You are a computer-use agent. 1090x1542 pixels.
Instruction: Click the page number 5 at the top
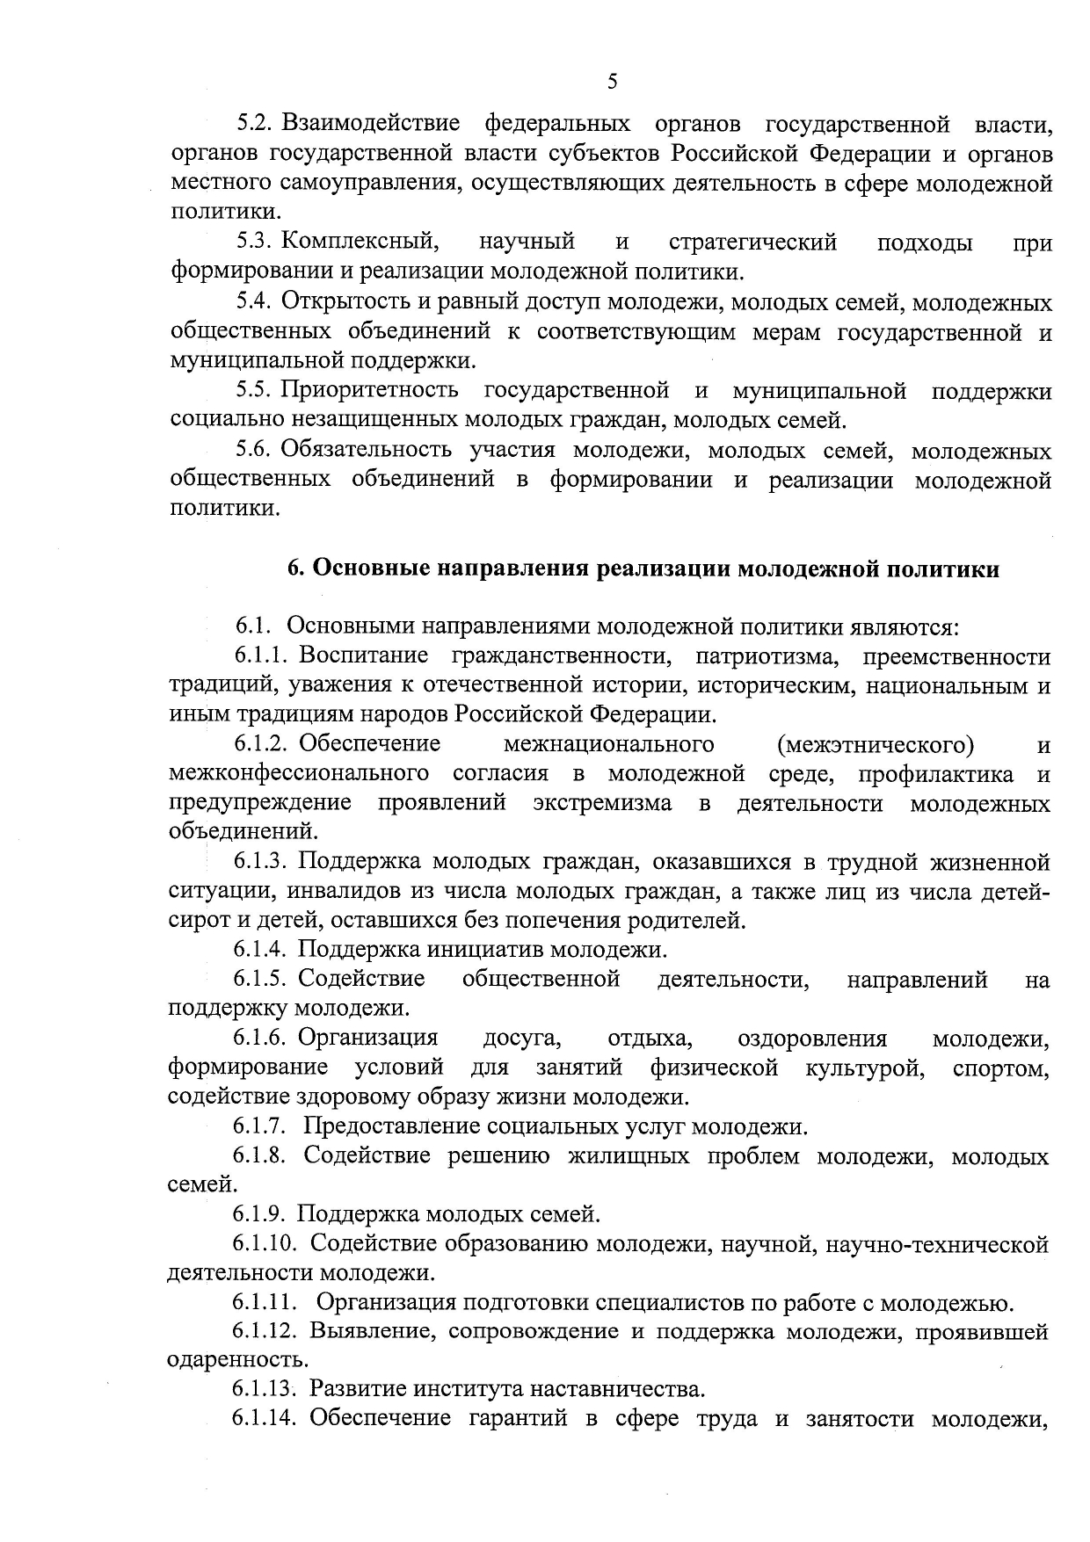612,82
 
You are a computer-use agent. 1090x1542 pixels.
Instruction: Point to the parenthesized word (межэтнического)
876,745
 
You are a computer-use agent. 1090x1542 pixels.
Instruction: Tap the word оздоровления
812,1039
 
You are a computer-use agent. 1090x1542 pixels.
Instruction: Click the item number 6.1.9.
259,1215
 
